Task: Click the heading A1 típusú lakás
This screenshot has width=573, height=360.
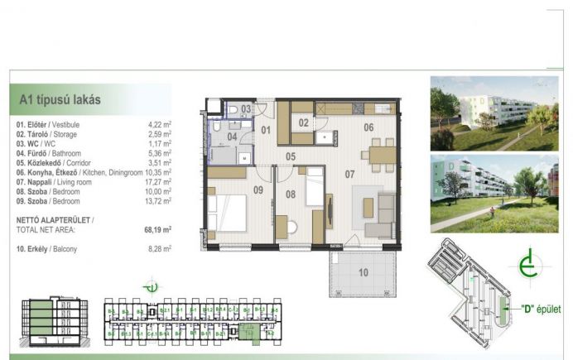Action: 60,100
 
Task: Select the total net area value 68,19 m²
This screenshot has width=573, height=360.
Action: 156,229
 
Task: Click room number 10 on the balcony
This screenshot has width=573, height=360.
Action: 364,272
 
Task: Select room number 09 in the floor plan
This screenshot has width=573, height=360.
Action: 258,190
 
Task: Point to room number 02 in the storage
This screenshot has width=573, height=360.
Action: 303,122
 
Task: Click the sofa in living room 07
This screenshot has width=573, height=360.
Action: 387,214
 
